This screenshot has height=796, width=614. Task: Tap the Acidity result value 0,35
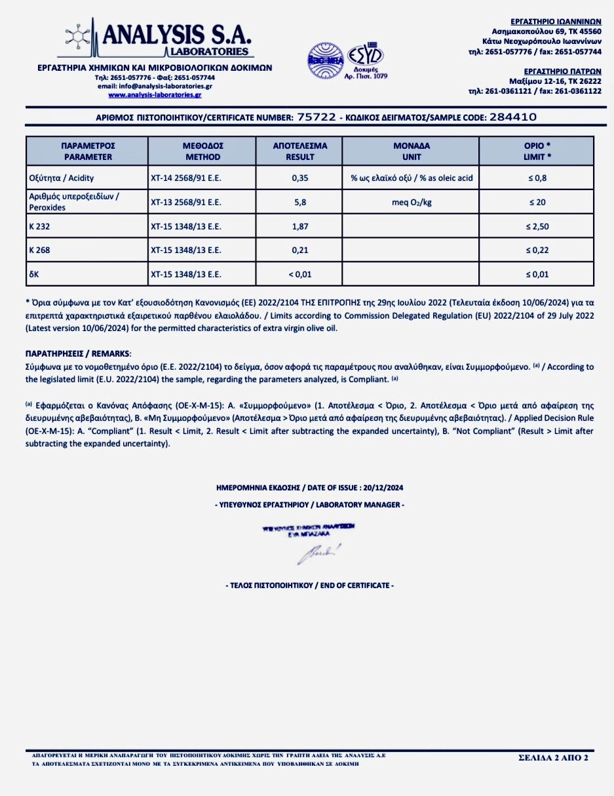point(299,178)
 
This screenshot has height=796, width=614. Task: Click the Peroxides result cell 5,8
point(299,202)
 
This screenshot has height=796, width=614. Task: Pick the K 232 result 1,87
point(299,226)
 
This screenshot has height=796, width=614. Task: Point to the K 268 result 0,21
point(299,250)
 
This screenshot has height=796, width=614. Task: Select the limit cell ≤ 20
point(537,202)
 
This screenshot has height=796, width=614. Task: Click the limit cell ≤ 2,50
point(537,226)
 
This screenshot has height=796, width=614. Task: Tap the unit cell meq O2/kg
point(411,202)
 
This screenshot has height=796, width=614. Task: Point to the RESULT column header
point(299,151)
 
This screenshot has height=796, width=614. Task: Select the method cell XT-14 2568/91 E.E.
point(185,178)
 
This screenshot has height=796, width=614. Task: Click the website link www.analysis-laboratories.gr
point(155,95)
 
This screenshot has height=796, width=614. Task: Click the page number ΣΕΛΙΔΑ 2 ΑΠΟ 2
point(553,758)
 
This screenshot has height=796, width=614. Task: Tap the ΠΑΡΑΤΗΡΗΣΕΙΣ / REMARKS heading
point(78,353)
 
